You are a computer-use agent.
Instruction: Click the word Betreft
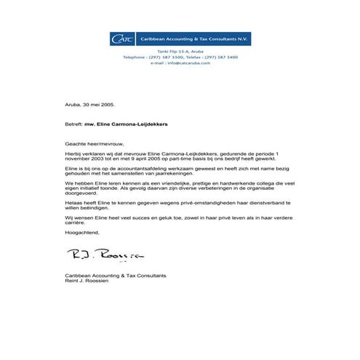(73, 124)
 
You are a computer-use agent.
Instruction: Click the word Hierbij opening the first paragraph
(75, 154)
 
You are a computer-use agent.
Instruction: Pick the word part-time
(189, 160)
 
